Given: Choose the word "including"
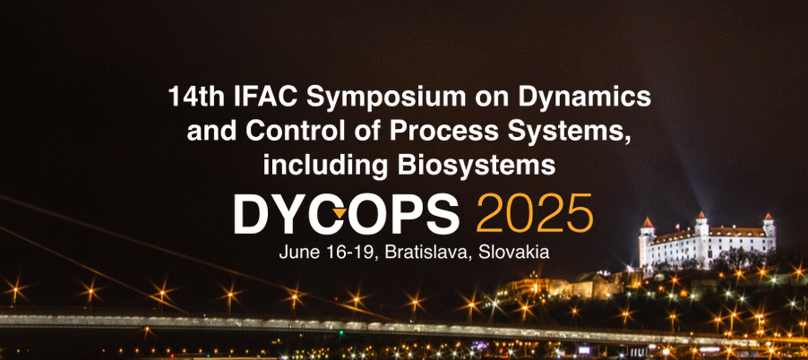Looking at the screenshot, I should [x=316, y=166].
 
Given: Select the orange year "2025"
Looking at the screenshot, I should [x=535, y=212].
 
